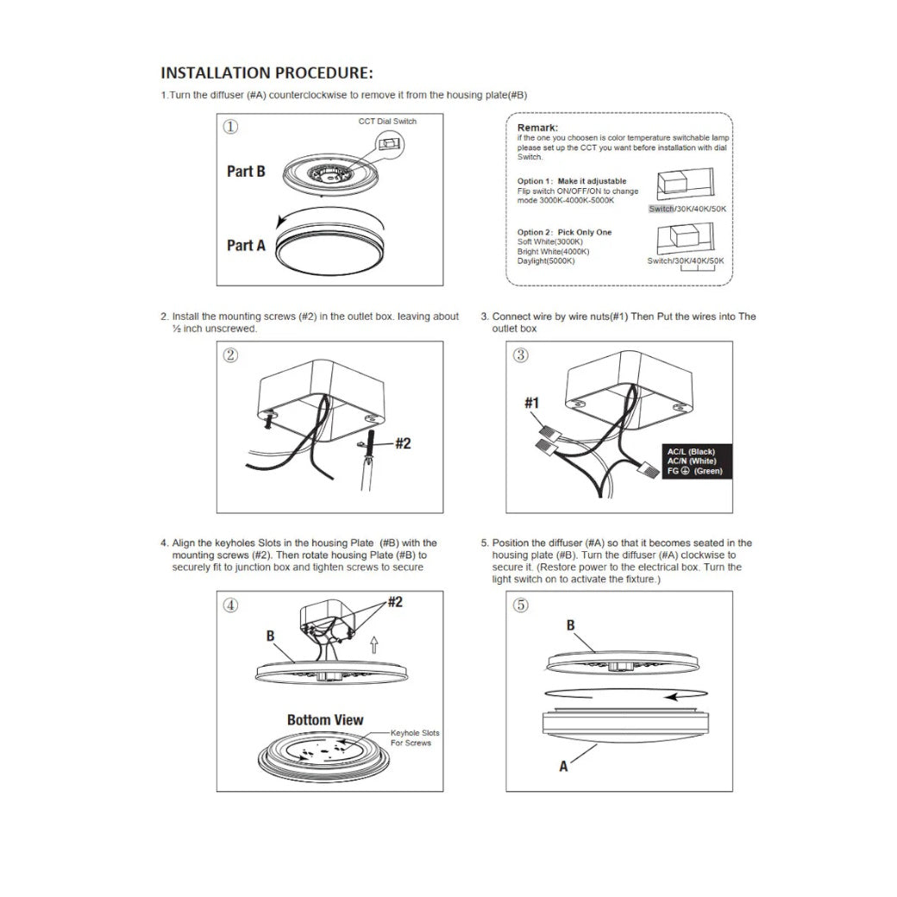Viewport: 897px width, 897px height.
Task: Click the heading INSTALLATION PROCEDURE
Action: point(267,72)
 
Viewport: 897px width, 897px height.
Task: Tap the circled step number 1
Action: point(231,127)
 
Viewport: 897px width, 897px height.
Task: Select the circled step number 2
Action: point(231,355)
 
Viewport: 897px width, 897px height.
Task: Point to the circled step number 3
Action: point(521,355)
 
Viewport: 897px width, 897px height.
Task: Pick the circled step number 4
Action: point(231,605)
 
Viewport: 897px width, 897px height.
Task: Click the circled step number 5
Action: point(521,605)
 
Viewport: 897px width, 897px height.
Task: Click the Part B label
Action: point(246,171)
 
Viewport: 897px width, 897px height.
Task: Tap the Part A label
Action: point(246,246)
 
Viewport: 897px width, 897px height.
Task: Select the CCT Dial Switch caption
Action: point(387,122)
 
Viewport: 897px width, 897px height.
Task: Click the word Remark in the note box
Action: point(538,128)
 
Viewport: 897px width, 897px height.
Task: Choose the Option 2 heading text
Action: point(565,232)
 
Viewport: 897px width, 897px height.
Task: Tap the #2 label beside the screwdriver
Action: point(403,443)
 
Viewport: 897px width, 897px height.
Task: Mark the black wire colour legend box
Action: point(696,461)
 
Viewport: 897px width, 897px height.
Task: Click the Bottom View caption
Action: point(325,719)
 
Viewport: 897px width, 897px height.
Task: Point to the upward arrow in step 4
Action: point(373,643)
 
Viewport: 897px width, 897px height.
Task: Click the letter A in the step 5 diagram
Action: point(564,766)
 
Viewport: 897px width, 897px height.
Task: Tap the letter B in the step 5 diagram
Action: point(570,625)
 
